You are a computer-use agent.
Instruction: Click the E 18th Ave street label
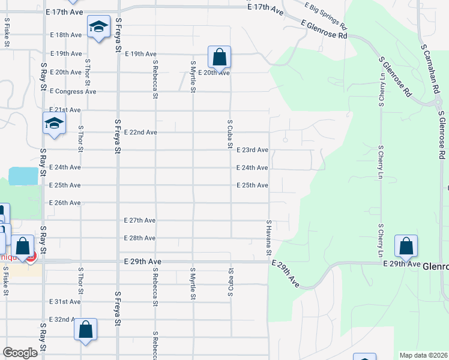(65, 35)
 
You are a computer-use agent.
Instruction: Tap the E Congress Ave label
(73, 92)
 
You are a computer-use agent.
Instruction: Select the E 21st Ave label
(65, 110)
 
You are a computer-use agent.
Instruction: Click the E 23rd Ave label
(252, 150)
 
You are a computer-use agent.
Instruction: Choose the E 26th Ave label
(65, 203)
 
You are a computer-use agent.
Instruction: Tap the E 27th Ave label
(140, 221)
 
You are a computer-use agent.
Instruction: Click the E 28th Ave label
(140, 238)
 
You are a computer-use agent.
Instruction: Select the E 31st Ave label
(65, 302)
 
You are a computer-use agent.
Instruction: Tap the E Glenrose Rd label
(324, 30)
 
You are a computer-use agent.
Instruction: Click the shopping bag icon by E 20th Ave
(220, 58)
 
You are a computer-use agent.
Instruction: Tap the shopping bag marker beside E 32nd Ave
(86, 329)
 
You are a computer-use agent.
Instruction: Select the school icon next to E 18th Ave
(98, 26)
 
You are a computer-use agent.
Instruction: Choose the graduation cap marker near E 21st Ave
(53, 124)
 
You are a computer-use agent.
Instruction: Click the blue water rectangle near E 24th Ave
(23, 176)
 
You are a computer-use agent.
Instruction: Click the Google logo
(20, 353)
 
